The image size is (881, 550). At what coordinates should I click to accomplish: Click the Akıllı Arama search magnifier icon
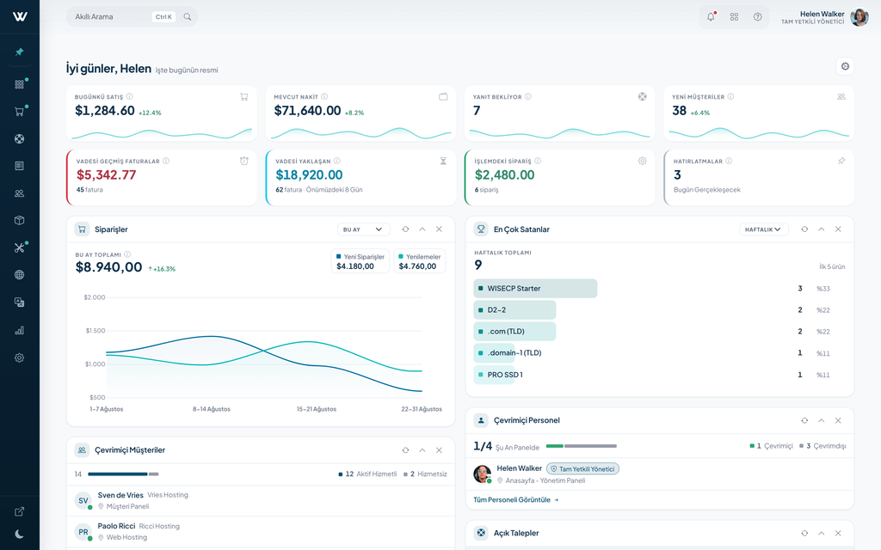187,17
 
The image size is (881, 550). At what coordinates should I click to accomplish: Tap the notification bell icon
711,16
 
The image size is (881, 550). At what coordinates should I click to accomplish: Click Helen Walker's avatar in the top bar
859,17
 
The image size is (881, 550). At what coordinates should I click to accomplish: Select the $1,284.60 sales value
105,111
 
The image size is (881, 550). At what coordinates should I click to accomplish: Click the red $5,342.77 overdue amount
106,175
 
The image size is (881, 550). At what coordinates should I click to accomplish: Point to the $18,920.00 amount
309,175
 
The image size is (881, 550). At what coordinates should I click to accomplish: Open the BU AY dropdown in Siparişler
363,229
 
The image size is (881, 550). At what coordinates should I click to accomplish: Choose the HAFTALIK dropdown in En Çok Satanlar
764,229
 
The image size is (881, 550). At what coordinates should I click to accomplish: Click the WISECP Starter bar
535,289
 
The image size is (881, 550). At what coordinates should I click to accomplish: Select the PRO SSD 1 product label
505,375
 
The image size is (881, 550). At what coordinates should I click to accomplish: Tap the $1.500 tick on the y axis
95,331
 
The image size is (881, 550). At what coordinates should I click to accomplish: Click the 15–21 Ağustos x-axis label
317,409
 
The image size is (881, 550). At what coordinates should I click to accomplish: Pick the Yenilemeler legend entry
419,261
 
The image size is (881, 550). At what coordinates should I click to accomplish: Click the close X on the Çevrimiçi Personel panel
838,420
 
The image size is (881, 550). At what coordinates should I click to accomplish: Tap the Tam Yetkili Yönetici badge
582,469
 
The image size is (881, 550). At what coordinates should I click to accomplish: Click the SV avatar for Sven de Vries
83,501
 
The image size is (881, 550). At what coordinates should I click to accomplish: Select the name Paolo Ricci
116,526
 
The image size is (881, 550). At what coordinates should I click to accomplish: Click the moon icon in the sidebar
19,534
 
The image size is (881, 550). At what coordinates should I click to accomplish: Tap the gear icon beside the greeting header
845,66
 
